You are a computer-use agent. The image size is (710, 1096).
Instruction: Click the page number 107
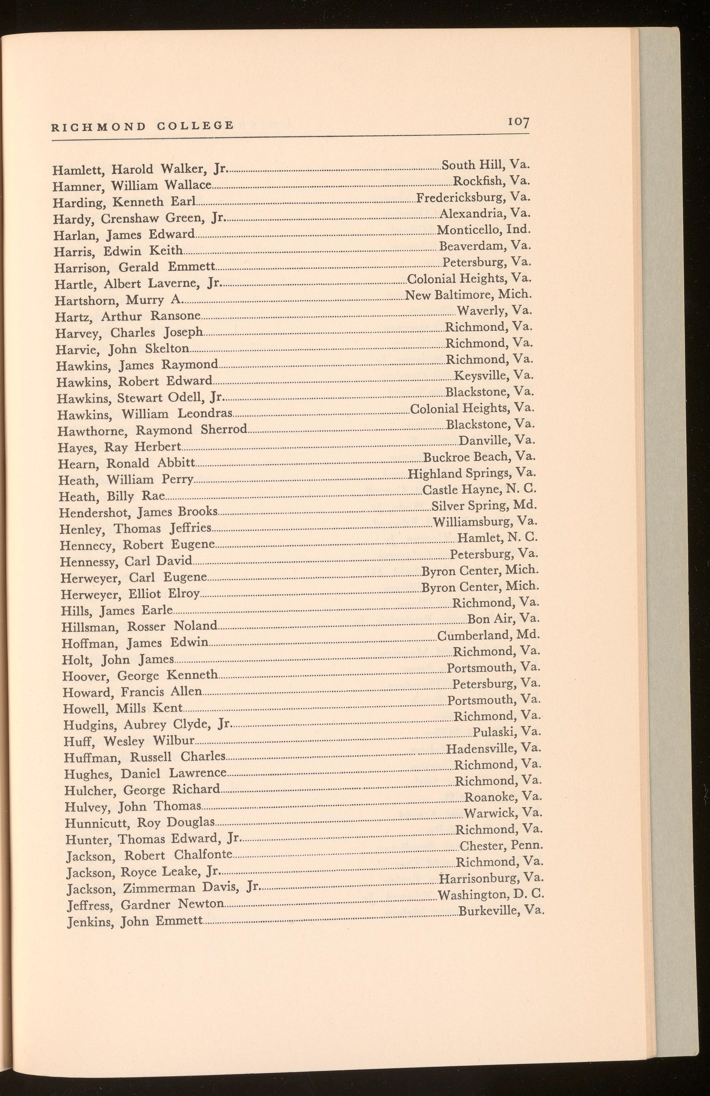coord(518,123)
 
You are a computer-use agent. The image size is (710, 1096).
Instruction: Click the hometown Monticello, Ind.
coord(484,229)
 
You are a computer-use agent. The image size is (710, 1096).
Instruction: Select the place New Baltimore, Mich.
coord(468,294)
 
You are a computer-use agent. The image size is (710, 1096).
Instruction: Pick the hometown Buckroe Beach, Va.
coord(479,457)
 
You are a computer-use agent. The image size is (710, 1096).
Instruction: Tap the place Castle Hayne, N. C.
coord(479,489)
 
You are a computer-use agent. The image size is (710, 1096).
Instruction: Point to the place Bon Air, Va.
coord(503,618)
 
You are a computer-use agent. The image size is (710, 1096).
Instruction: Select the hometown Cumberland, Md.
coord(488,636)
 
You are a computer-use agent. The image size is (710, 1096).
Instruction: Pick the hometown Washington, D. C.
coord(491,895)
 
